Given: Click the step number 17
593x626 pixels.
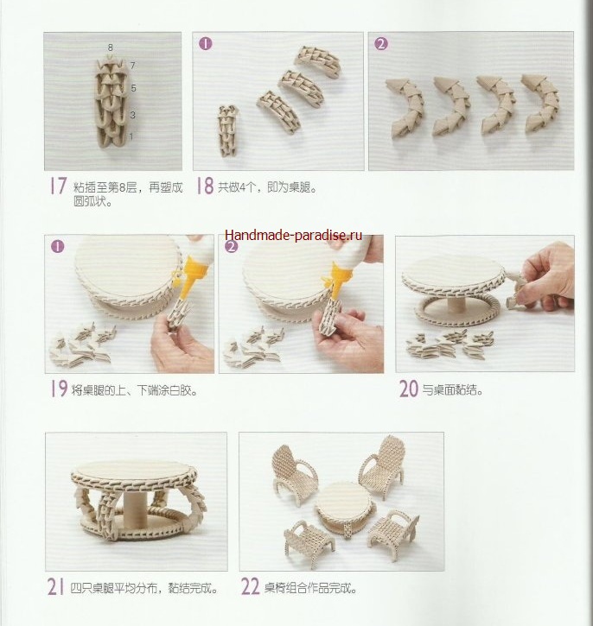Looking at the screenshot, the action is point(58,186).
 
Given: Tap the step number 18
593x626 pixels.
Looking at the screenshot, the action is point(205,186).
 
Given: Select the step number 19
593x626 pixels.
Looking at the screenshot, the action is point(59,389).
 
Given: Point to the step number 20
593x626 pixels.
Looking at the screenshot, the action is point(409,389).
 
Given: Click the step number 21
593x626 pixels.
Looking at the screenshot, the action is point(55,587).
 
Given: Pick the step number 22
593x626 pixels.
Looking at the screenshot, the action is point(250,587).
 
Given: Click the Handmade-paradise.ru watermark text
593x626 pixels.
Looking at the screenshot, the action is point(293,235).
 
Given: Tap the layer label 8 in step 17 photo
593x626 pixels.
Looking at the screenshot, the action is point(111,47).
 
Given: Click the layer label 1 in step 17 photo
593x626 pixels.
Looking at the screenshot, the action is point(131,136).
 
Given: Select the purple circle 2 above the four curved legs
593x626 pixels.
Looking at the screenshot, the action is point(381,43).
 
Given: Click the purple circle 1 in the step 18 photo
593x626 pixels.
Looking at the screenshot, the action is point(206,43).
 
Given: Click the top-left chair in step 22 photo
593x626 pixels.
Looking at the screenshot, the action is point(294,472).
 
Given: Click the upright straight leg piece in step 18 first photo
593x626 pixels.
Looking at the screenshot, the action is point(227,130).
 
